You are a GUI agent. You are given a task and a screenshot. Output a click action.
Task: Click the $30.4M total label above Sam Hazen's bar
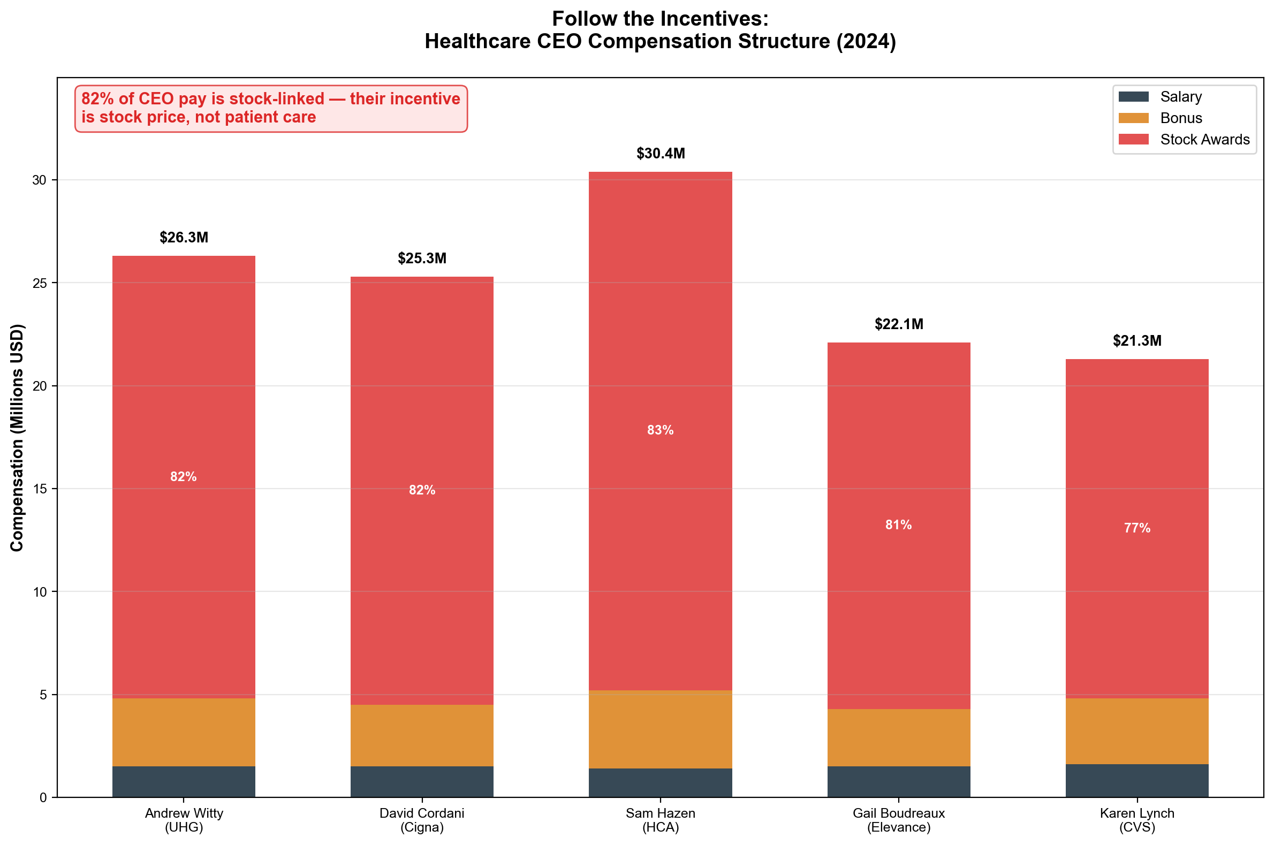(660, 154)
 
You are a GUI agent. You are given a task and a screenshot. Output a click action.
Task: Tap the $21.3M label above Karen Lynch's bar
(1136, 340)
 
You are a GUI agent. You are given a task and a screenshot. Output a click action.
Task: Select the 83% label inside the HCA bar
(660, 430)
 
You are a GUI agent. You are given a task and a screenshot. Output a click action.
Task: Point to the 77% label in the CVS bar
(1136, 528)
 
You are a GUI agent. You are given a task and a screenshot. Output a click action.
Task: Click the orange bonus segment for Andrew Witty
(184, 732)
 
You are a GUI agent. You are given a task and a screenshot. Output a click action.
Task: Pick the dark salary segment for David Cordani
(422, 781)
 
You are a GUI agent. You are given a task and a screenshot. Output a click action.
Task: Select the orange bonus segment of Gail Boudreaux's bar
(898, 737)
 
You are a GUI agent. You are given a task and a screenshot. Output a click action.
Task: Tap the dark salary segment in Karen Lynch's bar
(1136, 780)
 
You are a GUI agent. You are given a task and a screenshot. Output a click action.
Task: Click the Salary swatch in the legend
(1133, 97)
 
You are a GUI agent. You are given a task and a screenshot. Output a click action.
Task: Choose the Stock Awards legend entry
(1204, 140)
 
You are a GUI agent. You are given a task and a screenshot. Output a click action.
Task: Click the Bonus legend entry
(1181, 118)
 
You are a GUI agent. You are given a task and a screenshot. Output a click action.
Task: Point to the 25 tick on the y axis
(39, 283)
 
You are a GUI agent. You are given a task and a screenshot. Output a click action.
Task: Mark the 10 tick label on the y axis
(39, 592)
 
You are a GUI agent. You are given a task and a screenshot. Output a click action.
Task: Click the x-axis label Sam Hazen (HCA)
(660, 820)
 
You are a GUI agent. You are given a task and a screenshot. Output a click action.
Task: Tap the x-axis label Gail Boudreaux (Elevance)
(898, 820)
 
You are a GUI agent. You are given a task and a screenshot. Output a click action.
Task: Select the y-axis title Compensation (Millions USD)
(17, 438)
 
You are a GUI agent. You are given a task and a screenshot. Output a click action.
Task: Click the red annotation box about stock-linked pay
(270, 108)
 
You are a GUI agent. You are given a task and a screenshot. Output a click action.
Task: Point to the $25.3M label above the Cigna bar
(422, 258)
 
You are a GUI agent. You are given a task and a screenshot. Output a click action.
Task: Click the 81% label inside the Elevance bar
(898, 525)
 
